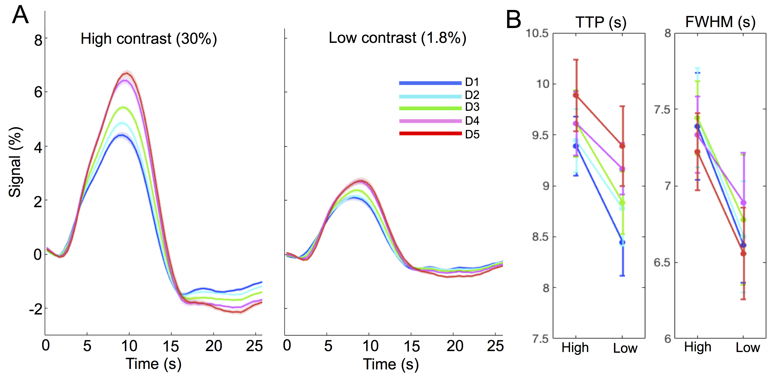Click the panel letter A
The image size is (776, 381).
20,15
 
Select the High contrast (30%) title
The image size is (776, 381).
149,39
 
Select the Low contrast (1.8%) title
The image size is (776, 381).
397,38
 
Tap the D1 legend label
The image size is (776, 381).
472,82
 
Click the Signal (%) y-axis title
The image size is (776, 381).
15,162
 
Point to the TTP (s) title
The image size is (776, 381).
601,22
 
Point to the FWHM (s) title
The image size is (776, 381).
720,22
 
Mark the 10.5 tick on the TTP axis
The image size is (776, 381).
537,33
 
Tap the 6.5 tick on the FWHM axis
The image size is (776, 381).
662,263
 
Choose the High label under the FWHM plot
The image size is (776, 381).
697,347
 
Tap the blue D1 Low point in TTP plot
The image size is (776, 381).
622,242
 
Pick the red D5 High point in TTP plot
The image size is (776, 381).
576,95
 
